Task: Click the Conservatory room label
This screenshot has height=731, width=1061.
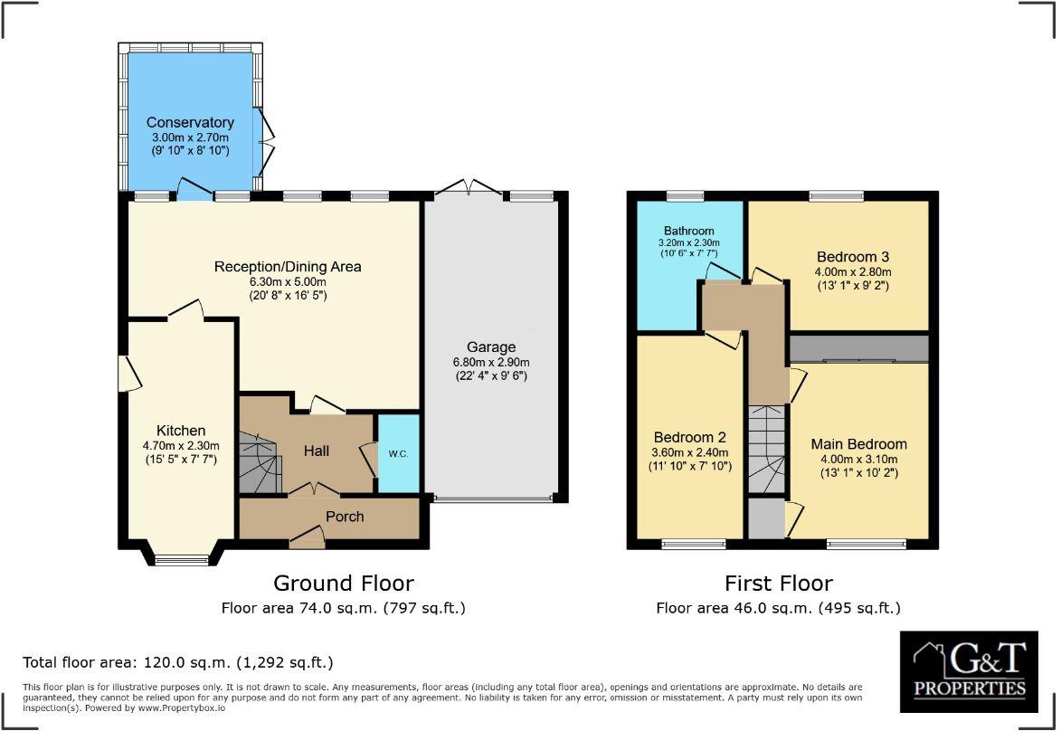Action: (x=190, y=122)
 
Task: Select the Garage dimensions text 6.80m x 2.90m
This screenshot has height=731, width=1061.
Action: (x=491, y=363)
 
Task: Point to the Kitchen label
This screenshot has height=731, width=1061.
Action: (x=181, y=431)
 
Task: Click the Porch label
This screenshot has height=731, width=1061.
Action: (x=345, y=517)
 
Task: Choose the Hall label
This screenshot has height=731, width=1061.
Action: (x=317, y=451)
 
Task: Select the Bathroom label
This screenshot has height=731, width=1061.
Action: (x=689, y=231)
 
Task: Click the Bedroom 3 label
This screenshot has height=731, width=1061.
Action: (x=854, y=255)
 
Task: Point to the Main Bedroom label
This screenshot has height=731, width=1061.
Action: (x=858, y=444)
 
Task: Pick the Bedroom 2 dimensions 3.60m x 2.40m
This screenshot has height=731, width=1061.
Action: (x=689, y=453)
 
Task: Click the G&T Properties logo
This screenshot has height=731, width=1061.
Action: (x=969, y=670)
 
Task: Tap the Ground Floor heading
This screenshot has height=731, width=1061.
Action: (x=344, y=584)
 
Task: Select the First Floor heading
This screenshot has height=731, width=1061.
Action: (x=778, y=584)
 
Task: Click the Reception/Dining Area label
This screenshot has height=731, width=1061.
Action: (x=288, y=266)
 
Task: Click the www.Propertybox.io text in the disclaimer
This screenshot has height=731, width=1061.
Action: (x=181, y=708)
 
